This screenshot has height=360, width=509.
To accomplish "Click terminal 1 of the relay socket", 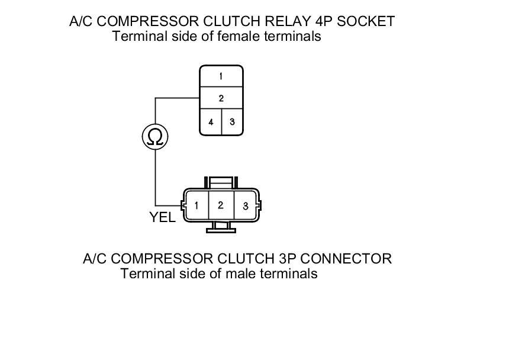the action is tap(221, 76).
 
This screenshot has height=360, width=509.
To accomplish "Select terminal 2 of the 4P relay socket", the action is tap(221, 98).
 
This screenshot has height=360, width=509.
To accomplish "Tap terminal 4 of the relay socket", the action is tap(211, 122).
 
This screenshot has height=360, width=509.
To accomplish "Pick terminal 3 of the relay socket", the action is tap(232, 122).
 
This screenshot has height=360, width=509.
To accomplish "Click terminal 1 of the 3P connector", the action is tap(196, 206).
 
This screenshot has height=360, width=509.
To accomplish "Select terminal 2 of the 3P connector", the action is tap(220, 205).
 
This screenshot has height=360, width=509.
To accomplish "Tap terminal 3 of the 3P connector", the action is tap(245, 207).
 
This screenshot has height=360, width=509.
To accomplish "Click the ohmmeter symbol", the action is tap(155, 137).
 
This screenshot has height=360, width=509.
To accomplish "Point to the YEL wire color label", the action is tap(162, 217).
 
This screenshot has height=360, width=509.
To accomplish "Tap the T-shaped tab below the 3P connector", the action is tap(221, 227).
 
